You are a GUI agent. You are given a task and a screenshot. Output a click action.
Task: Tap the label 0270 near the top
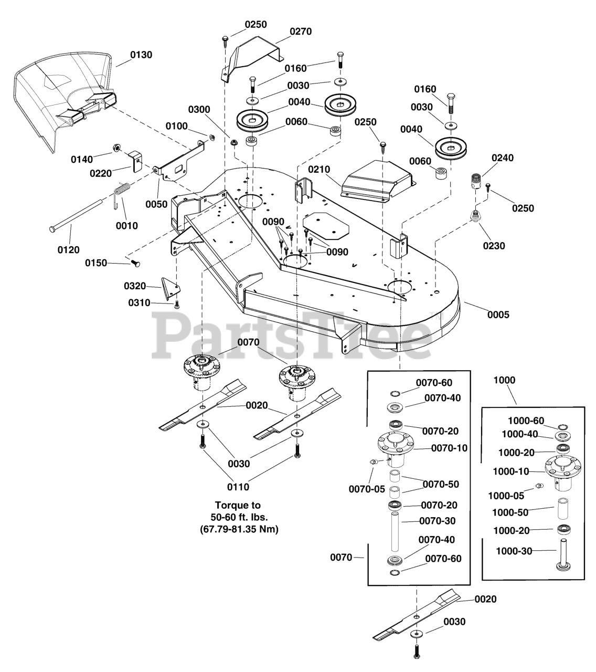(x=300, y=31)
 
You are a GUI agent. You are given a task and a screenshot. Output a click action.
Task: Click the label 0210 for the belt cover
(x=320, y=169)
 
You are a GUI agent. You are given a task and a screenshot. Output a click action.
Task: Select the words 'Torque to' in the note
(x=238, y=506)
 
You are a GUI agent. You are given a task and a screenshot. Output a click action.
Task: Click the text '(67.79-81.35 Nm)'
(x=239, y=529)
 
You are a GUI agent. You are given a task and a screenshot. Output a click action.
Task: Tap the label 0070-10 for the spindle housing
(x=449, y=448)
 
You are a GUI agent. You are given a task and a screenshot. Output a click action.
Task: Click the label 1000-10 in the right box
(x=512, y=471)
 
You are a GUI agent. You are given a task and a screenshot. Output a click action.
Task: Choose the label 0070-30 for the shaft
(x=438, y=521)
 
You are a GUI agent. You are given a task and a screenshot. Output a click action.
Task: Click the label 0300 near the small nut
(x=199, y=109)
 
